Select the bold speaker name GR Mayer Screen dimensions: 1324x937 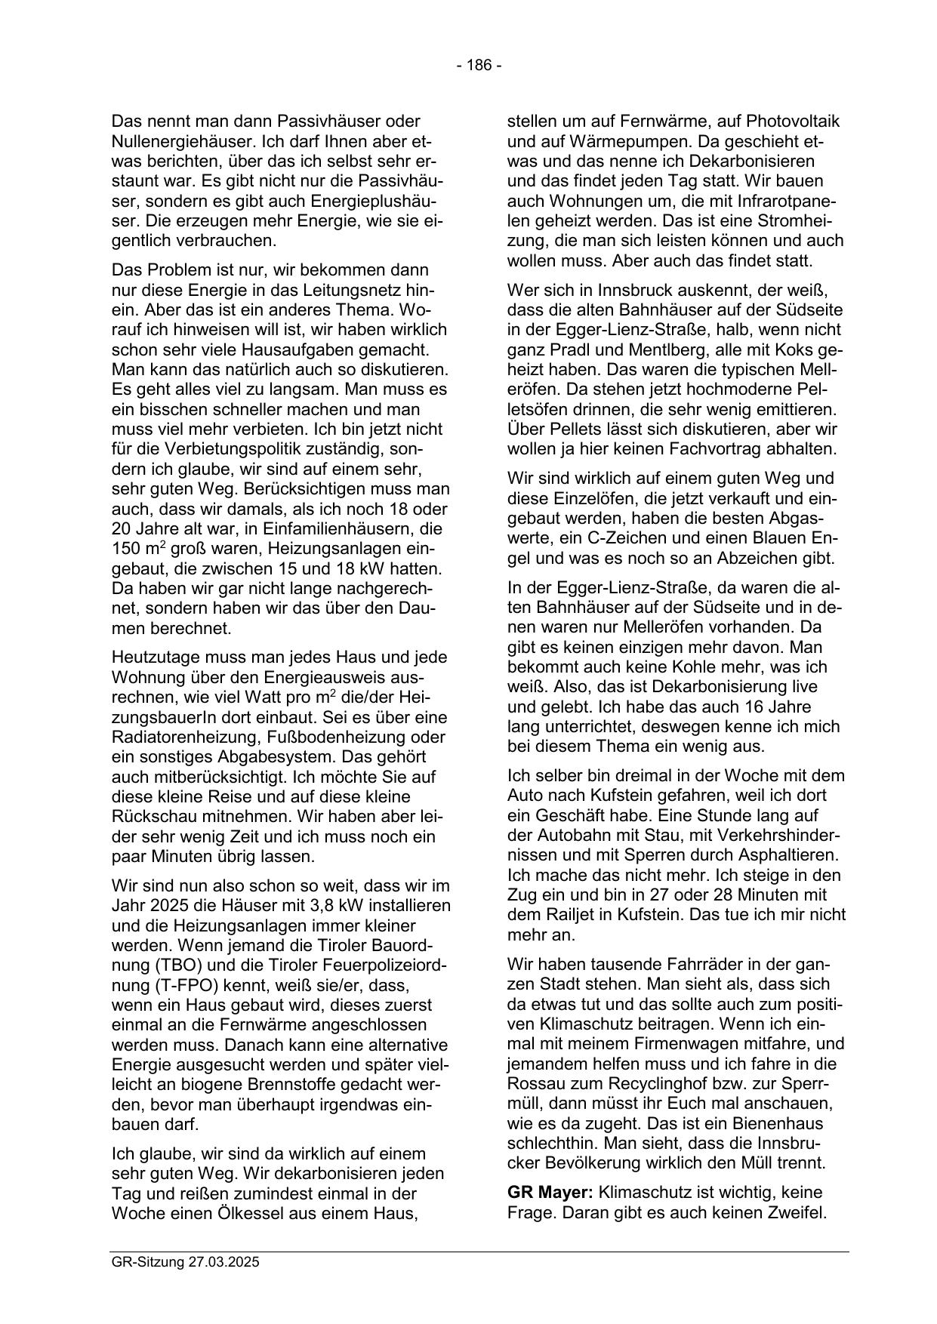point(550,1193)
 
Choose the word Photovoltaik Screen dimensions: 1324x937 point(795,121)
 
